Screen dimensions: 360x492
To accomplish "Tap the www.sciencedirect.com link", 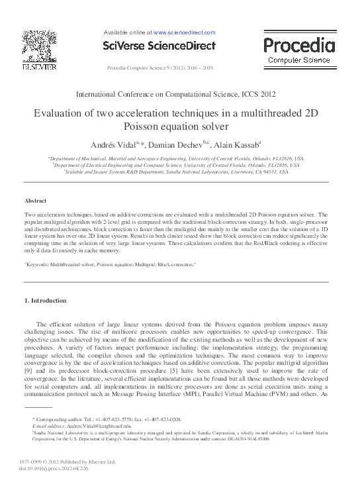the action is pyautogui.click(x=185, y=32).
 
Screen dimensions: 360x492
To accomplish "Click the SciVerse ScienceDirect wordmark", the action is pyautogui.click(x=159, y=46).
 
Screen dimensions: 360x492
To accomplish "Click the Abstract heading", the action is pyautogui.click(x=35, y=200).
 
